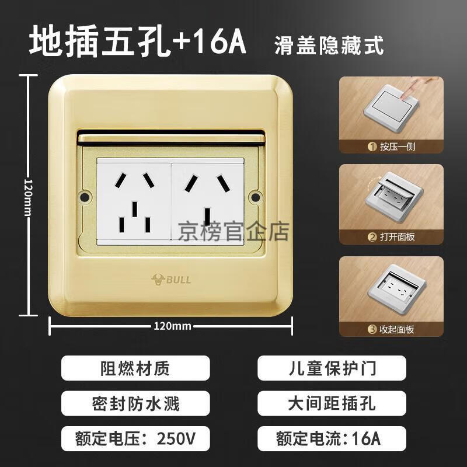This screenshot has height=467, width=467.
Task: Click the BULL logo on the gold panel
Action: tap(171, 280)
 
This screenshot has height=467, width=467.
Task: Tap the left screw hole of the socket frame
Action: tap(85, 197)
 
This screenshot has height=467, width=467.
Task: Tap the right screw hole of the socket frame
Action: tap(256, 197)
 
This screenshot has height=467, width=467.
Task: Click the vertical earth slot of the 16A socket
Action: tap(207, 217)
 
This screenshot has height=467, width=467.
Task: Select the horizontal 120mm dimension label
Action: tap(172, 326)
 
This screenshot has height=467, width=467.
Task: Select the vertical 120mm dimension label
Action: tap(27, 197)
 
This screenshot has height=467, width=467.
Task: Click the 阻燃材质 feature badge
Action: tap(135, 368)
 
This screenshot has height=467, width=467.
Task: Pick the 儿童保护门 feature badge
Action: tap(332, 368)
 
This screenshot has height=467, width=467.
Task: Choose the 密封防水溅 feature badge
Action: tap(135, 403)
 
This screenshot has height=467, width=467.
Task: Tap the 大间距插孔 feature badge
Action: tap(332, 403)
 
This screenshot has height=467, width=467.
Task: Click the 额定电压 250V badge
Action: tap(135, 439)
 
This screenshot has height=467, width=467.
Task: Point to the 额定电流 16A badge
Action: tap(332, 439)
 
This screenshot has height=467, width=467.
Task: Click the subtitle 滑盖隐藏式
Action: tap(329, 46)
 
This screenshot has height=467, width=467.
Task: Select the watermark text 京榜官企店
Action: tap(233, 232)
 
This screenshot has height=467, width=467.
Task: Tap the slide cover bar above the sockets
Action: tap(171, 138)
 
